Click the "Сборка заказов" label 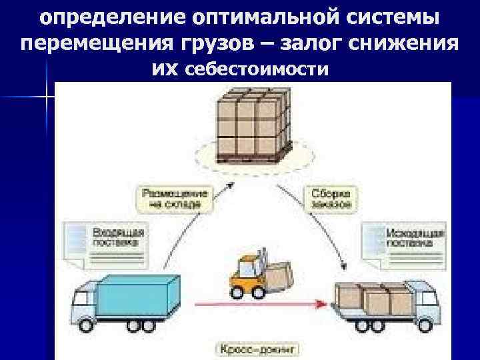330,198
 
